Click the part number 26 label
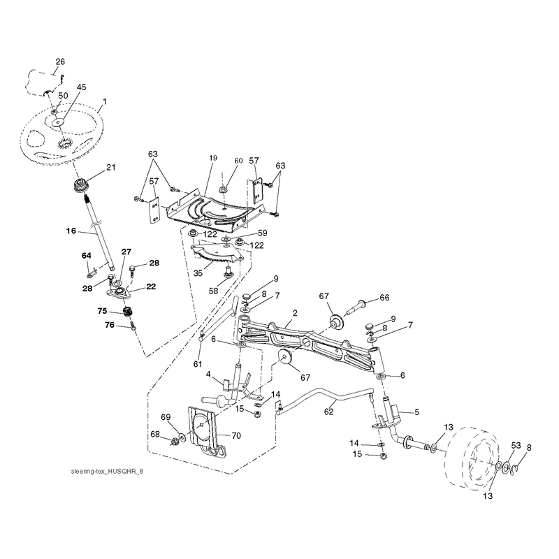coord(60,61)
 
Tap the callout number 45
coord(82,87)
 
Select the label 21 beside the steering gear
coord(111,167)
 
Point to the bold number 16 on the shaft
coord(71,231)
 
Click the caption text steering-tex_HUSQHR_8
coord(107,471)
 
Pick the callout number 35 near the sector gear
coord(198,273)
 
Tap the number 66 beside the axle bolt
coord(385,298)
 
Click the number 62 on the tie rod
coord(328,412)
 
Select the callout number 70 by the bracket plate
coord(236,435)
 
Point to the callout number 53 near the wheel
coord(516,446)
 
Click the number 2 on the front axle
coord(295,313)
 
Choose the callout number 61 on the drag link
coord(198,364)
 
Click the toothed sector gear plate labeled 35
coord(217,254)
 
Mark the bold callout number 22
coord(151,286)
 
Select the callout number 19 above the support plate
coord(213,158)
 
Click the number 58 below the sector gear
coord(213,291)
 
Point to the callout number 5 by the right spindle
coord(416,412)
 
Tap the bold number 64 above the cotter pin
coord(86,256)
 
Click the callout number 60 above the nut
coord(238,161)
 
